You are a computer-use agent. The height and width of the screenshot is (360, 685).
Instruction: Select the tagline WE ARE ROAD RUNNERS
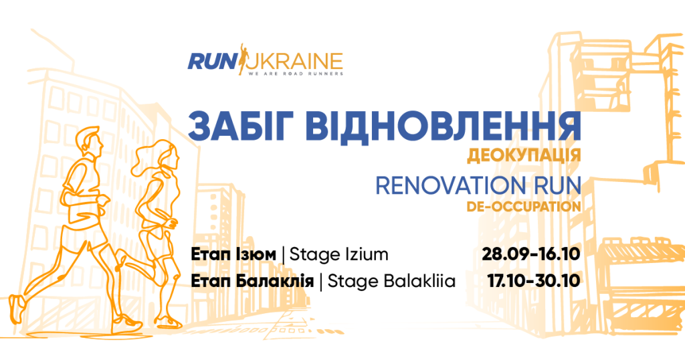coord(295,74)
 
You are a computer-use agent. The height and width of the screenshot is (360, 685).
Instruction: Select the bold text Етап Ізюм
coord(233,255)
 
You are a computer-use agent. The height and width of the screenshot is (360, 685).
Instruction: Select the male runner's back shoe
coord(16,308)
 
